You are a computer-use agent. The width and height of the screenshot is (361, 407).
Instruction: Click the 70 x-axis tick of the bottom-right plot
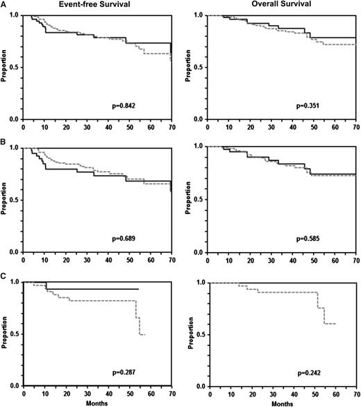click(x=355, y=393)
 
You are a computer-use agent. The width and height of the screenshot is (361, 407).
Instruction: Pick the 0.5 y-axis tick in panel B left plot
click(x=16, y=201)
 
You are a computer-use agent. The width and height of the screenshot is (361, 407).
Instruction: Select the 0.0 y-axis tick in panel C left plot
click(x=16, y=387)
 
